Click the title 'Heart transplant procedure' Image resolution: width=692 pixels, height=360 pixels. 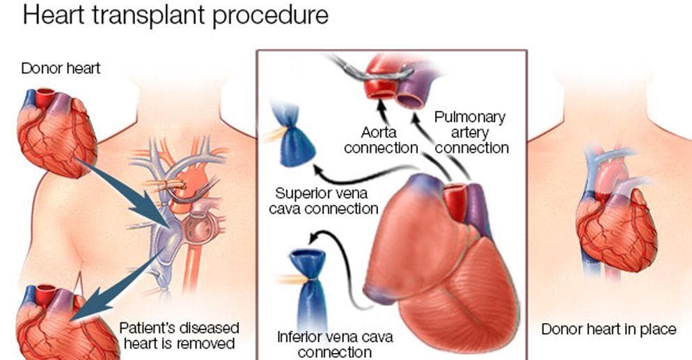(x=175, y=15)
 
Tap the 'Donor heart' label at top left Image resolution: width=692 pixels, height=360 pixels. (x=61, y=68)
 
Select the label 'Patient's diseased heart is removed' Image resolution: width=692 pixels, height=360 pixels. (x=179, y=335)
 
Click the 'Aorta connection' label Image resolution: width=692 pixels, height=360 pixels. (x=380, y=139)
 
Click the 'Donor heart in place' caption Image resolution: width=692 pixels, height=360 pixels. (x=608, y=329)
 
